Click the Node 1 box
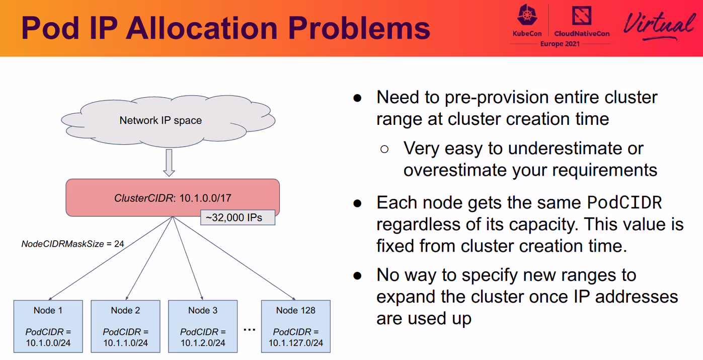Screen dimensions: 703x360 coord(48,326)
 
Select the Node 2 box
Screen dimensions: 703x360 coord(125,326)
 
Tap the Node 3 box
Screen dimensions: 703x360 coord(203,326)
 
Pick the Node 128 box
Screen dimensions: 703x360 coord(295,326)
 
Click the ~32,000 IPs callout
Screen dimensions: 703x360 coord(238,218)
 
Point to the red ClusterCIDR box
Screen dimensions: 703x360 coord(173,197)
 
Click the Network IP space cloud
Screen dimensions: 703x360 coord(168,121)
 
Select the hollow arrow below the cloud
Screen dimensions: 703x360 coord(169,163)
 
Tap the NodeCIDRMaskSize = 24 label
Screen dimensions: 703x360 coord(72,244)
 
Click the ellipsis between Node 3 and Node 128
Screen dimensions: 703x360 coord(249,330)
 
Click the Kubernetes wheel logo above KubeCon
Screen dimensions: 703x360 coord(527,15)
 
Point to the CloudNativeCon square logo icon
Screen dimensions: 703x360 coord(582,15)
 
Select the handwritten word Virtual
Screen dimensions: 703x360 coord(659,25)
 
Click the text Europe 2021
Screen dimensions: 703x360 coord(560,44)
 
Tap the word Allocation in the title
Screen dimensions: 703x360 coord(202,28)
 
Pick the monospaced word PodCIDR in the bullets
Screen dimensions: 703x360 coord(624,202)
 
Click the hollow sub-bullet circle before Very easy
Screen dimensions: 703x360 coord(384,149)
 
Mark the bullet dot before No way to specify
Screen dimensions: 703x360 coord(357,276)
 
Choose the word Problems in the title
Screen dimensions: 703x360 coord(359,28)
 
